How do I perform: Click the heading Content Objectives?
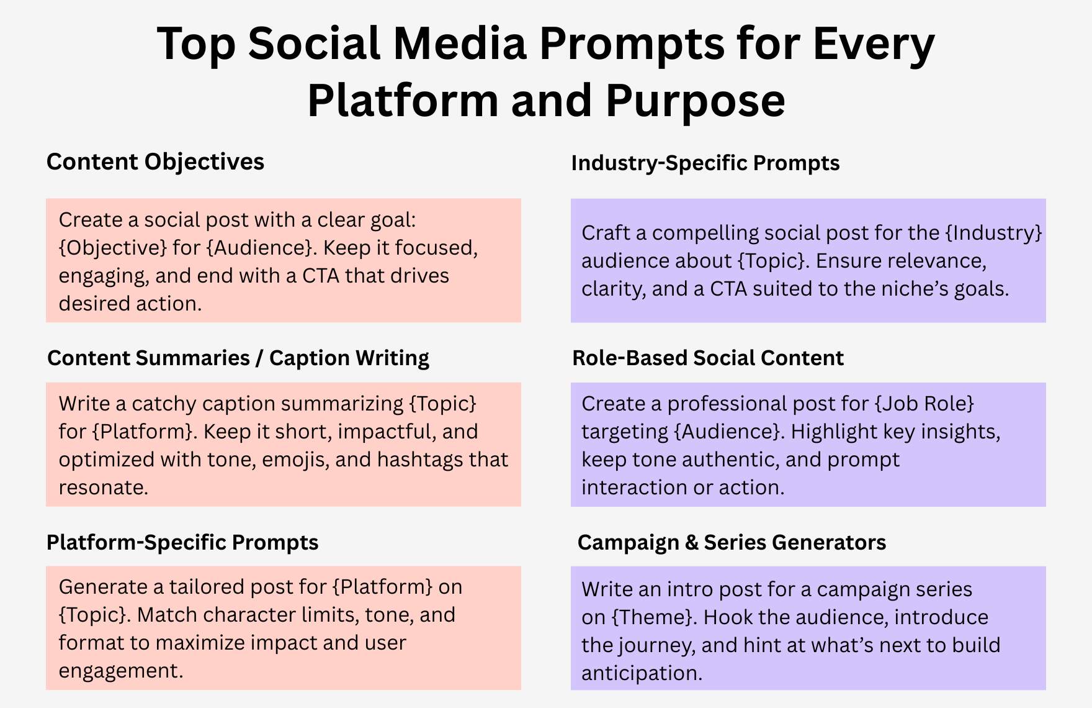(x=155, y=162)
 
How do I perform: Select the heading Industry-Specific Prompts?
(x=705, y=163)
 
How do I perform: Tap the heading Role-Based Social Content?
(x=708, y=358)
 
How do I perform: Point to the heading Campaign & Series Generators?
(x=732, y=542)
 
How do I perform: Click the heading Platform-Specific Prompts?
(x=182, y=542)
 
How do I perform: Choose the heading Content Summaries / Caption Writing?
(x=238, y=358)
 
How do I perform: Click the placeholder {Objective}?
(x=113, y=248)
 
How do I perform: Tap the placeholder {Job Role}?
(x=924, y=404)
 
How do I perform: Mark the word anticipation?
(x=642, y=673)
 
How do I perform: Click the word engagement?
(x=121, y=671)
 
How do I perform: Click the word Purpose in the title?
(x=696, y=101)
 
